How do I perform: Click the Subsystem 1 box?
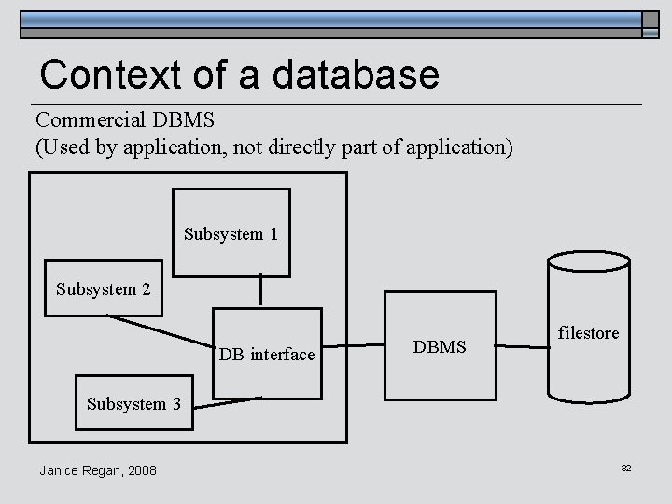pos(231,232)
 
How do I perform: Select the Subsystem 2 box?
pos(103,288)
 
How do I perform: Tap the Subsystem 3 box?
pos(133,404)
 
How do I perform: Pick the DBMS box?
pos(440,347)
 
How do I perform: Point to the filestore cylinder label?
pos(588,333)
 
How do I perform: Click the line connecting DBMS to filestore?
pos(521,347)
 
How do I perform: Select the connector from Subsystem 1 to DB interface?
pos(260,291)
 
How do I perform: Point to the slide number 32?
pos(626,468)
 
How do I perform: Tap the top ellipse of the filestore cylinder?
pos(588,261)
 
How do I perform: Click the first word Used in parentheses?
pos(62,147)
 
